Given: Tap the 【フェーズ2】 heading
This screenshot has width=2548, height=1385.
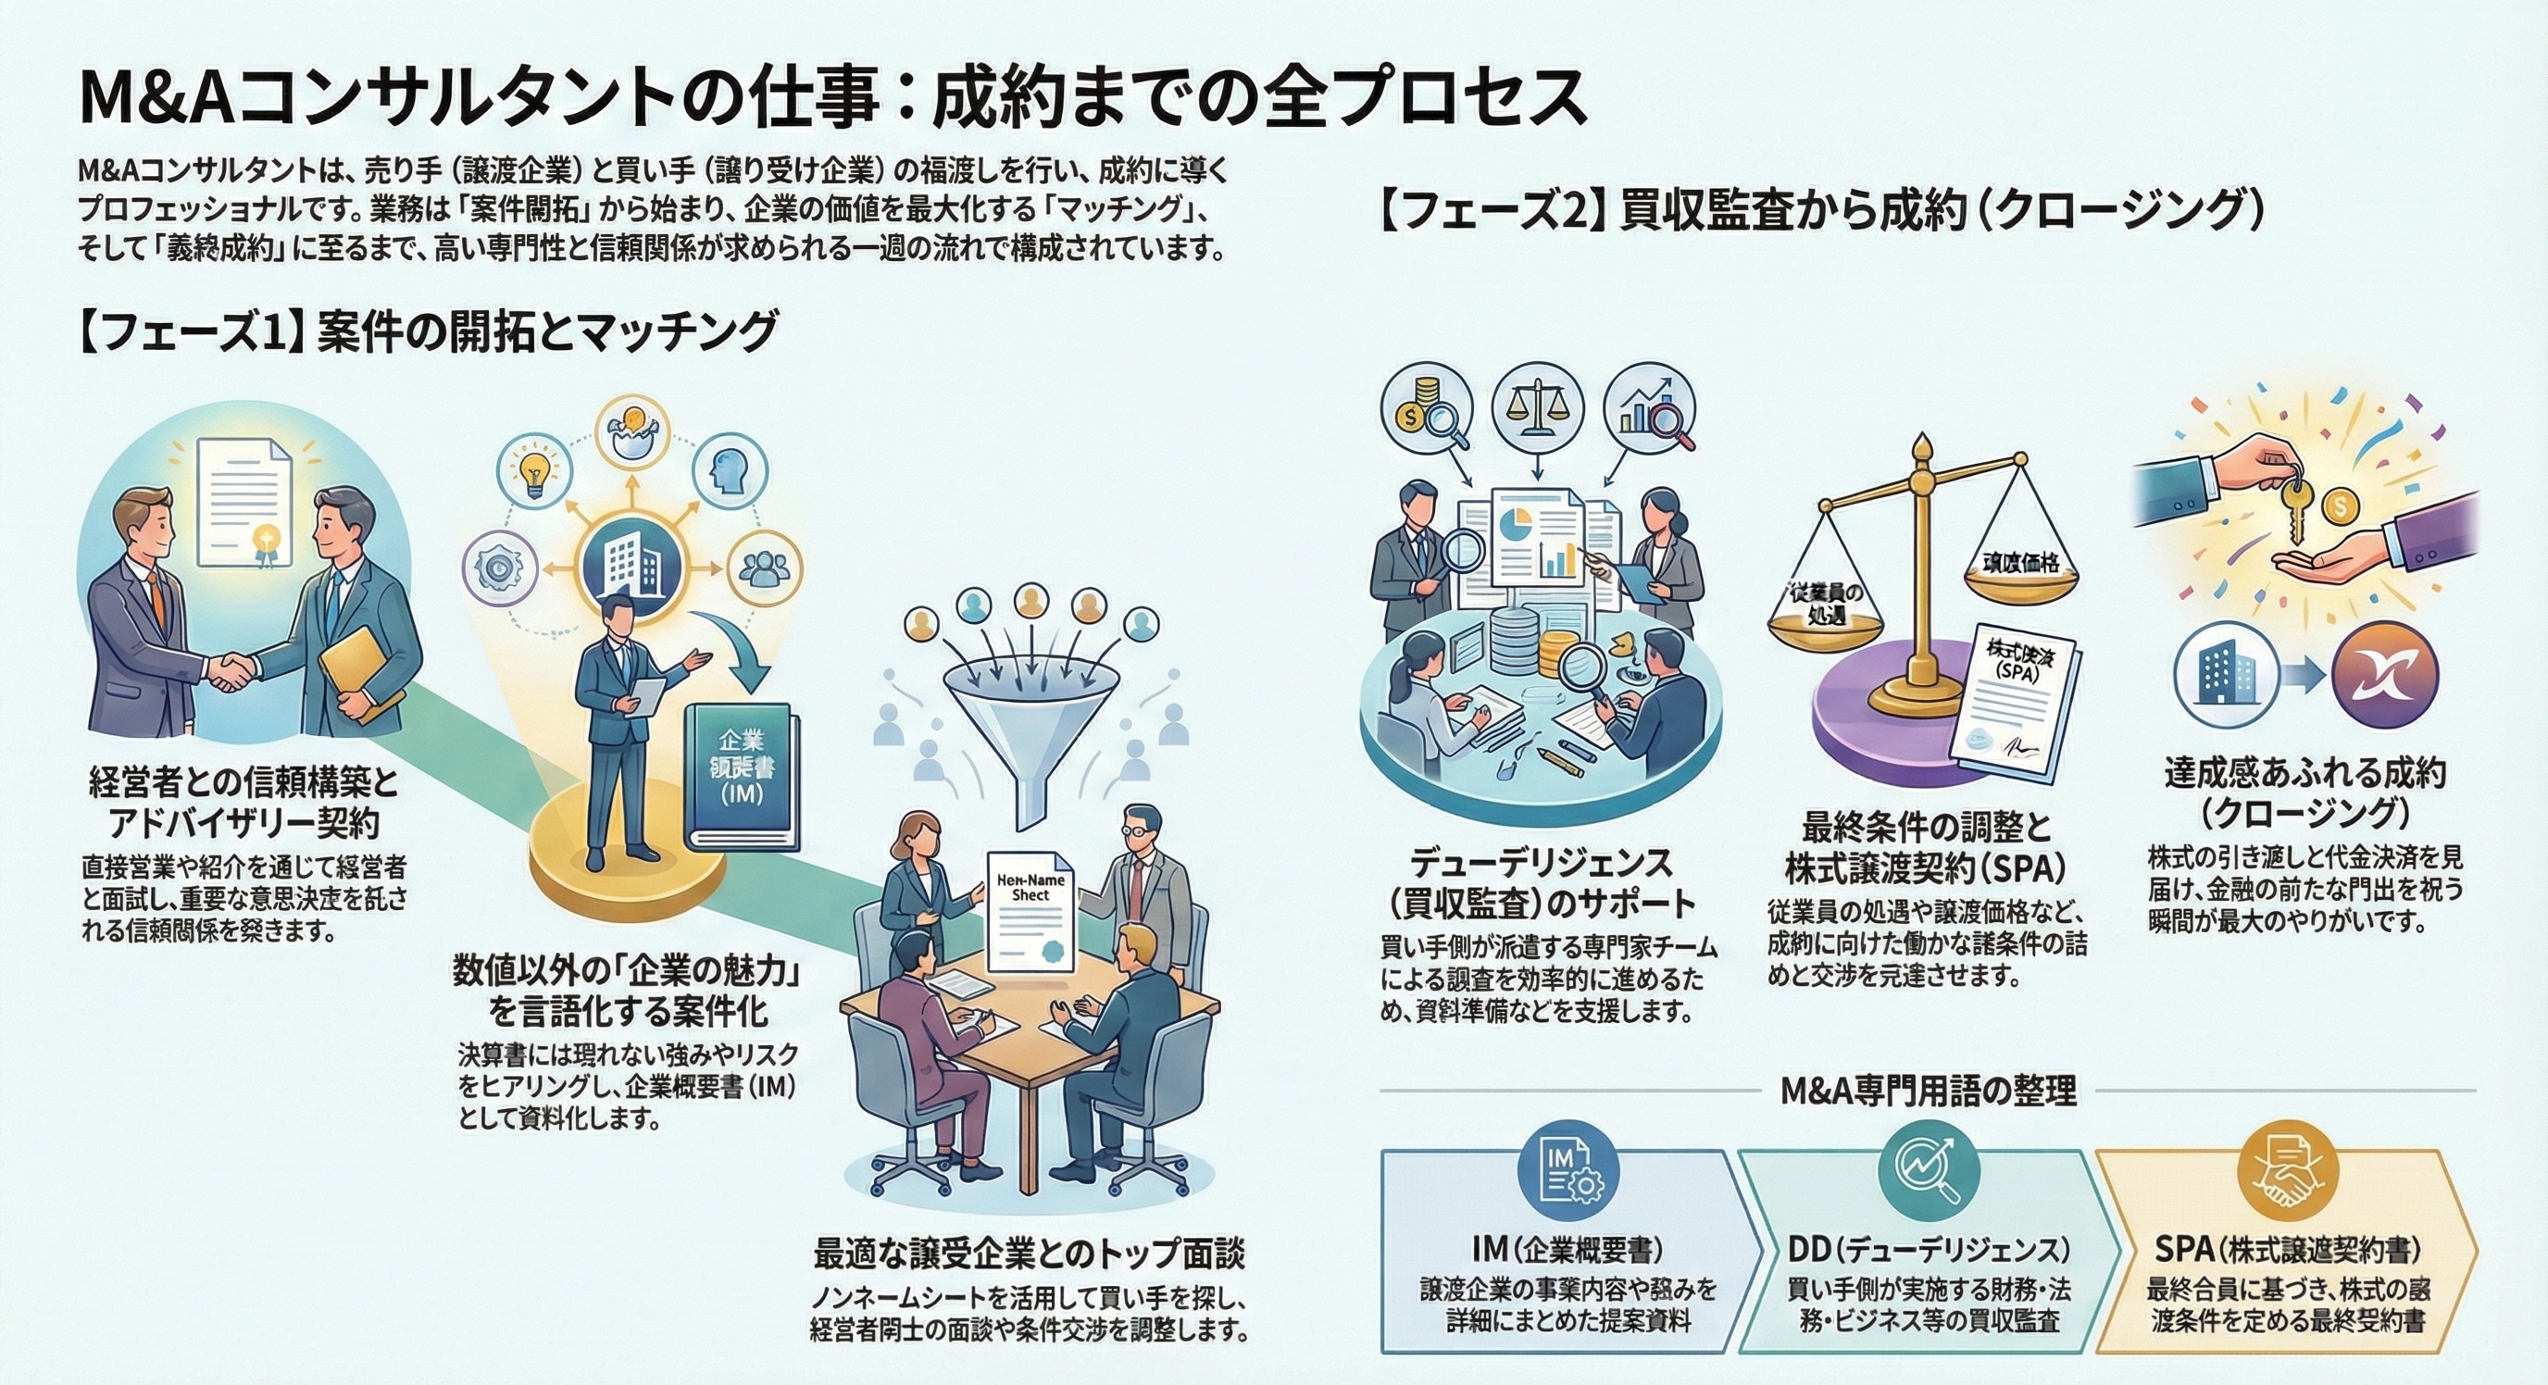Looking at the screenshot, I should click(1820, 212).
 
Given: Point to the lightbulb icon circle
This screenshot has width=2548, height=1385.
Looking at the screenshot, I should click(535, 472).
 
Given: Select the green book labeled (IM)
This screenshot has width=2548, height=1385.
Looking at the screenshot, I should click(743, 774).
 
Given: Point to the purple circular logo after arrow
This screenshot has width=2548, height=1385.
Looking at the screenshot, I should click(2385, 676).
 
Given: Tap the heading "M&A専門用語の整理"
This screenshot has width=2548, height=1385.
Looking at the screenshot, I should click(1927, 1091).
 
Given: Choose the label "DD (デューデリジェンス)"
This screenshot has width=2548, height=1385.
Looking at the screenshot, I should click(1928, 1250).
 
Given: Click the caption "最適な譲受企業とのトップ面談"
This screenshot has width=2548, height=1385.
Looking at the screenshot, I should click(1029, 1254).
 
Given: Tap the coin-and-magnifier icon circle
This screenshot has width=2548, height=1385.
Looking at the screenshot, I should click(1428, 409).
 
